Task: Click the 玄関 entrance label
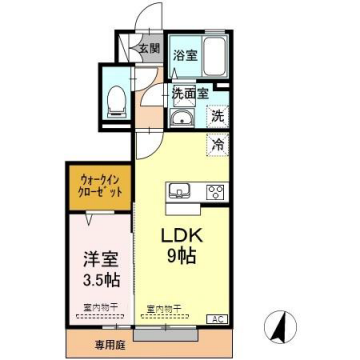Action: [148, 48]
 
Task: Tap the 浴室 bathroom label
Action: [183, 56]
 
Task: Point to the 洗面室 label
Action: [189, 92]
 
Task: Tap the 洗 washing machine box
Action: [217, 116]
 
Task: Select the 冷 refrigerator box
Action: [217, 145]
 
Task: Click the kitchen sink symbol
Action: [181, 190]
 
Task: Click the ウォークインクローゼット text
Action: [99, 185]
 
